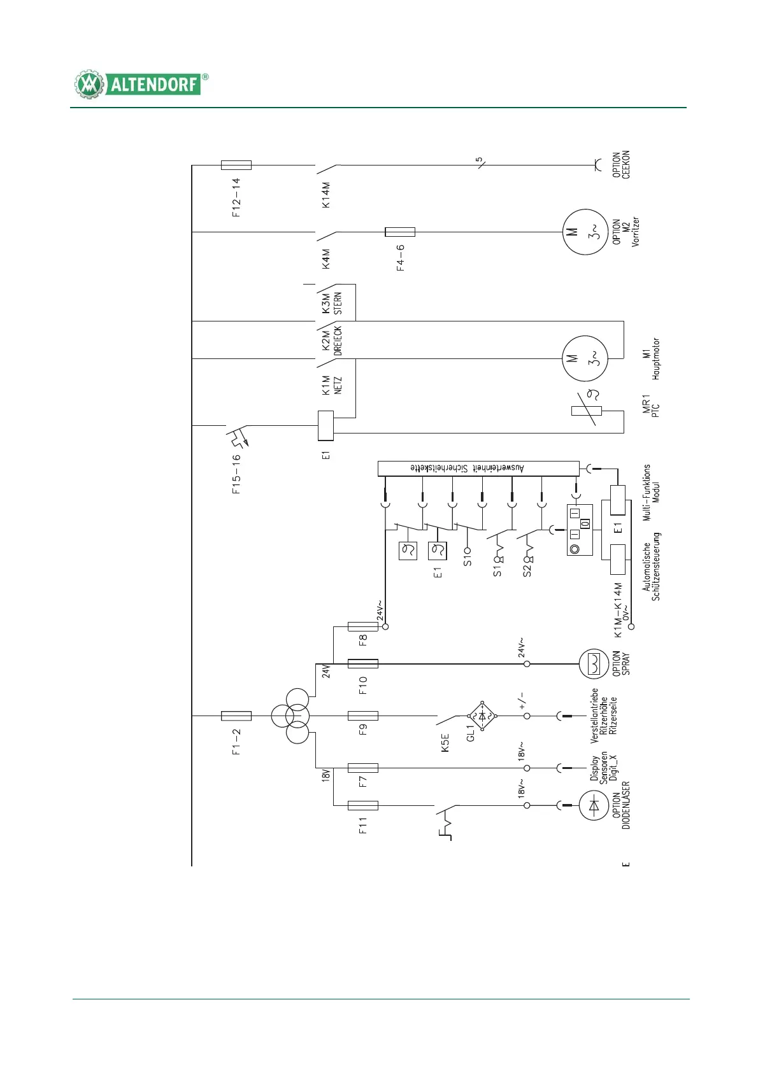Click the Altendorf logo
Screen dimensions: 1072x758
tap(141, 84)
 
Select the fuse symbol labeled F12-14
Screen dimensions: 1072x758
tap(236, 166)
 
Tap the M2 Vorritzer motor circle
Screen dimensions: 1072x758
tap(584, 232)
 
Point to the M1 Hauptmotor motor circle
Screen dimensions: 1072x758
tap(584, 359)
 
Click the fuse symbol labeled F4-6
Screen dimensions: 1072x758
tap(400, 232)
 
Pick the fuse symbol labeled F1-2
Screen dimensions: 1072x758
tap(236, 716)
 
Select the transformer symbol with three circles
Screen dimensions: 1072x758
tap(290, 716)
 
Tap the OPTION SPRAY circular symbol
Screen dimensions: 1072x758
tap(594, 664)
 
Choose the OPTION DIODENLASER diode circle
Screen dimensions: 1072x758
tap(594, 806)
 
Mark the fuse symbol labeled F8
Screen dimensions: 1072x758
tap(363, 627)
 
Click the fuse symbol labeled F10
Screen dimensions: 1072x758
tap(363, 664)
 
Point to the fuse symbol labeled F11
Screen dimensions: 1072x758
tap(363, 806)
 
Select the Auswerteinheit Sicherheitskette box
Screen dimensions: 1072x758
tap(478, 469)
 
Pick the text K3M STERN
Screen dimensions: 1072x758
tap(332, 303)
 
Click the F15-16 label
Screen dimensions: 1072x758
tap(236, 474)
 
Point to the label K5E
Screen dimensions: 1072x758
tap(445, 743)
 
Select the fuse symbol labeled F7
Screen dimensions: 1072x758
tap(363, 768)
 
